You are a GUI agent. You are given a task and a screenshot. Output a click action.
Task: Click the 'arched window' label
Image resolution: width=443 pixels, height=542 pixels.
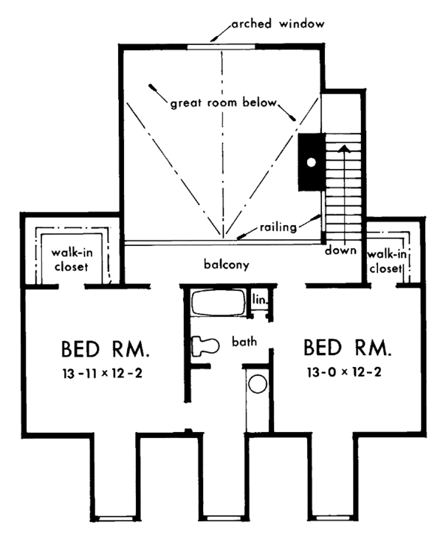pos(278,24)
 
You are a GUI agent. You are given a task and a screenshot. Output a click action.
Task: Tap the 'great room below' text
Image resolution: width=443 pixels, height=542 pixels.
pos(224,103)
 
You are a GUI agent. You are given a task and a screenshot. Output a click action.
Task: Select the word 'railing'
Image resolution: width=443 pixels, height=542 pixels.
pos(278,227)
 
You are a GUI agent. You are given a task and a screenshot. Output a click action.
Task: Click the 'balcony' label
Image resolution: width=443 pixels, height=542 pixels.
pos(227,264)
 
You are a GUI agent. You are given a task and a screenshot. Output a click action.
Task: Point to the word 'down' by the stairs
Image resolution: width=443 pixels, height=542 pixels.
pos(340,250)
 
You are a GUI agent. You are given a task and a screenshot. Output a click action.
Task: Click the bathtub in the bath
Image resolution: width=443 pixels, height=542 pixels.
pos(219,303)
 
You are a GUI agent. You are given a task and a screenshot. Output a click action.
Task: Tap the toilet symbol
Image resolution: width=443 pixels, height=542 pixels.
pos(206,346)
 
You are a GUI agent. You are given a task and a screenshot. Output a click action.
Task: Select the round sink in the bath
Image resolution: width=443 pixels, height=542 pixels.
pos(258,384)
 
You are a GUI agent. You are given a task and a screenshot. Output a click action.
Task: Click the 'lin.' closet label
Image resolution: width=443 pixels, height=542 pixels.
pos(260,299)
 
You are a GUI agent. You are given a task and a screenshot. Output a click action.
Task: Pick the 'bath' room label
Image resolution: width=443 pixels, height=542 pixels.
pos(244,341)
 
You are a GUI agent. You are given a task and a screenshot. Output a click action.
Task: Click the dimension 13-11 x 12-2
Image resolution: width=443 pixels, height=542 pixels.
pos(103,374)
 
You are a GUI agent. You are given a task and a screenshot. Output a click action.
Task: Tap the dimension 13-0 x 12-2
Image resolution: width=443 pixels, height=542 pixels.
pos(344,372)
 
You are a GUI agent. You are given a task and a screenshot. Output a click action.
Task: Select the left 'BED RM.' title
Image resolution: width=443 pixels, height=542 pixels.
pos(106,349)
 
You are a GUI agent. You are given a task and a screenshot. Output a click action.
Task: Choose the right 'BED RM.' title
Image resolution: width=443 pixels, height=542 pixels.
pos(348,348)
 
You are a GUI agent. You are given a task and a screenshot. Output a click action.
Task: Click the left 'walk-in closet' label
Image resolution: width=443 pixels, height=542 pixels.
pos(72,259)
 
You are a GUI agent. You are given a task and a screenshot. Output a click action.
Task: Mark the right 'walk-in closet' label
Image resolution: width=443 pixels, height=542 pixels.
pos(386,261)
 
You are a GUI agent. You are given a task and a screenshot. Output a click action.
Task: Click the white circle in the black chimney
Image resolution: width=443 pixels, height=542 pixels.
pos(312,162)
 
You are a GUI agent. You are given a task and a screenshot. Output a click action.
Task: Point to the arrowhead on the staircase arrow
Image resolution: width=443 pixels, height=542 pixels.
pos(344,148)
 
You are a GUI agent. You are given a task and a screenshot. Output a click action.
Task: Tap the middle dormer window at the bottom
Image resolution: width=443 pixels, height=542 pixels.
pos(220,518)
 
